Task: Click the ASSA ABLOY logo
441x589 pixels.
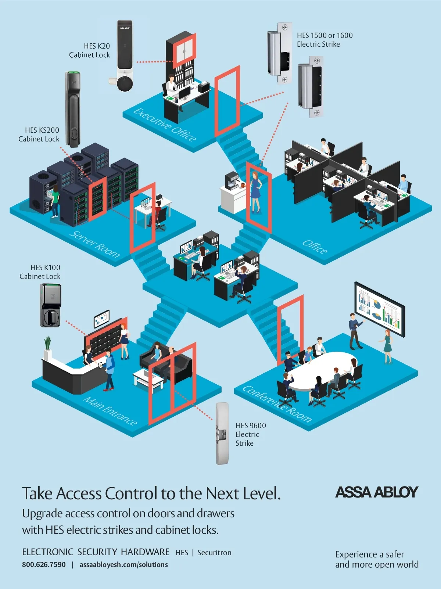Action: click(x=377, y=492)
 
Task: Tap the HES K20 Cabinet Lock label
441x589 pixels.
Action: click(x=90, y=51)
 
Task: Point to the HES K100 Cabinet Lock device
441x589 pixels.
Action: click(x=50, y=306)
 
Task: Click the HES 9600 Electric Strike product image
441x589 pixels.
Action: click(x=222, y=434)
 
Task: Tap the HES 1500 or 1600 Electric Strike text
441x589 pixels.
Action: click(x=325, y=40)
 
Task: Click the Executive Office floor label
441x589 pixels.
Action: click(x=165, y=125)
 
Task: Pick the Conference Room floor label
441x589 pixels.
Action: click(x=277, y=404)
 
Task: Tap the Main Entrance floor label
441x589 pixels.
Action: click(x=110, y=410)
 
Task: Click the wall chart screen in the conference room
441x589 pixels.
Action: click(x=379, y=309)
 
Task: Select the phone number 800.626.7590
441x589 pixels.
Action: click(x=44, y=565)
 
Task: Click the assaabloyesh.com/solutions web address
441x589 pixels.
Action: click(x=124, y=565)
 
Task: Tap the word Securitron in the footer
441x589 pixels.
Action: click(x=214, y=553)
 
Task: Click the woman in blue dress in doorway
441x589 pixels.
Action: click(x=255, y=191)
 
